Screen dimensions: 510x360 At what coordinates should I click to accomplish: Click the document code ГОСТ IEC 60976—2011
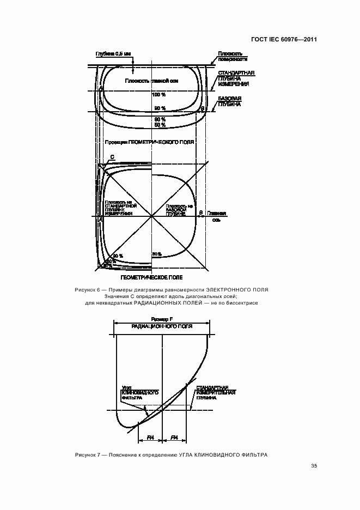284,39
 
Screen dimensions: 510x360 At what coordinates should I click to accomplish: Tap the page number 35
314,465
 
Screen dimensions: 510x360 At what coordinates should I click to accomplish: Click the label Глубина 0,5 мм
113,53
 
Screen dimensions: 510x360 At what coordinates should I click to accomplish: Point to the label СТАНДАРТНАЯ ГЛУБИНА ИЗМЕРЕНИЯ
234,78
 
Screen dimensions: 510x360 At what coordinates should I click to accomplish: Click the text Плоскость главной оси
152,81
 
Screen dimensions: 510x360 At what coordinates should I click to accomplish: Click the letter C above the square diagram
112,157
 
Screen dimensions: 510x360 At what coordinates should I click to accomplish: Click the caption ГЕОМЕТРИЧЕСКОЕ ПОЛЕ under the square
151,277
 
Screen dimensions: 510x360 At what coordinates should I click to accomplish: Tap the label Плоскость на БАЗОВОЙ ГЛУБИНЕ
179,210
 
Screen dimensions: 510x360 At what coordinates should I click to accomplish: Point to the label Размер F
162,318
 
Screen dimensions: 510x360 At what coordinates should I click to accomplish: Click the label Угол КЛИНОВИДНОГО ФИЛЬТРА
139,395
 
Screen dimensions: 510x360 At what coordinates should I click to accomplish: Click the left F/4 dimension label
151,437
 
